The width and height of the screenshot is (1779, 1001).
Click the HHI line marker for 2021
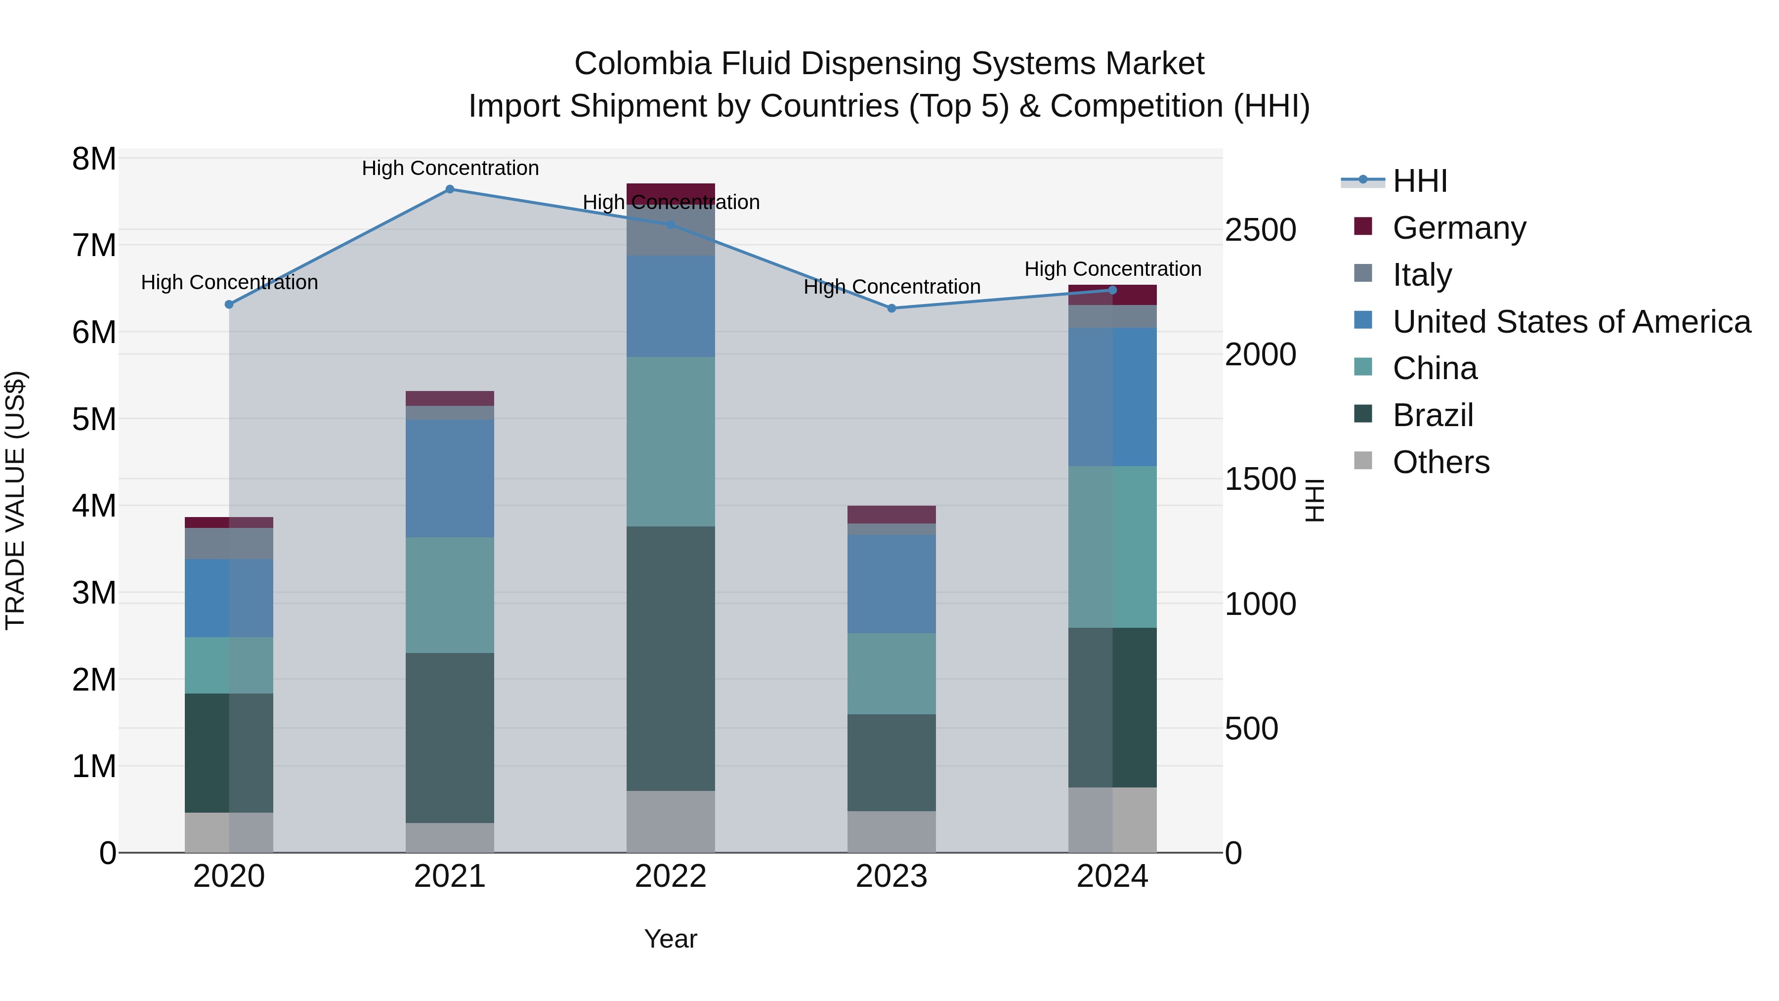[x=450, y=189]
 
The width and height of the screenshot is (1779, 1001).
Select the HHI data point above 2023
[x=891, y=308]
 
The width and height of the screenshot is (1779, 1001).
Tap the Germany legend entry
[x=1459, y=228]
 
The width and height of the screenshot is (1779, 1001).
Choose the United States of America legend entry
[x=1571, y=322]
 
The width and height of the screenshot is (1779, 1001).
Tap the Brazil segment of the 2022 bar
[x=671, y=658]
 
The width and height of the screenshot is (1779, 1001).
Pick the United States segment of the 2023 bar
[x=891, y=584]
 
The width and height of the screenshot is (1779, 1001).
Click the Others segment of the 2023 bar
[x=891, y=832]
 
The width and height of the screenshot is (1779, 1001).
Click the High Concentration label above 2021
[x=450, y=169]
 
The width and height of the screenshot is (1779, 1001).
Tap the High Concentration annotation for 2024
[x=1112, y=269]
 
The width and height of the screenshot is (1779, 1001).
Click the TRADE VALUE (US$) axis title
[x=15, y=500]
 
